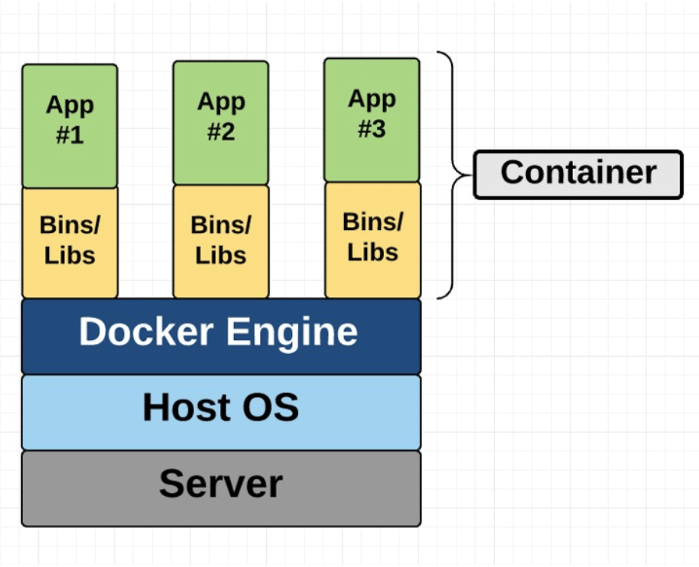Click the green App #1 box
[x=70, y=126]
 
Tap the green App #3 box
[x=372, y=120]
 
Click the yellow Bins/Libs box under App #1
[x=70, y=242]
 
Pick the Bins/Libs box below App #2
[x=220, y=241]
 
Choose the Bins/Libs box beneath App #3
[x=372, y=239]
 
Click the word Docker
[x=145, y=332]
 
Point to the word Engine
[x=299, y=332]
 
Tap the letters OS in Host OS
[x=272, y=407]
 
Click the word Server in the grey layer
[x=220, y=484]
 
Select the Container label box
[x=577, y=174]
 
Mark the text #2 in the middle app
[x=220, y=132]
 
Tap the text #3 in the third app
[x=372, y=129]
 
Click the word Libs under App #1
[x=70, y=255]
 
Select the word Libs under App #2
[x=220, y=254]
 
